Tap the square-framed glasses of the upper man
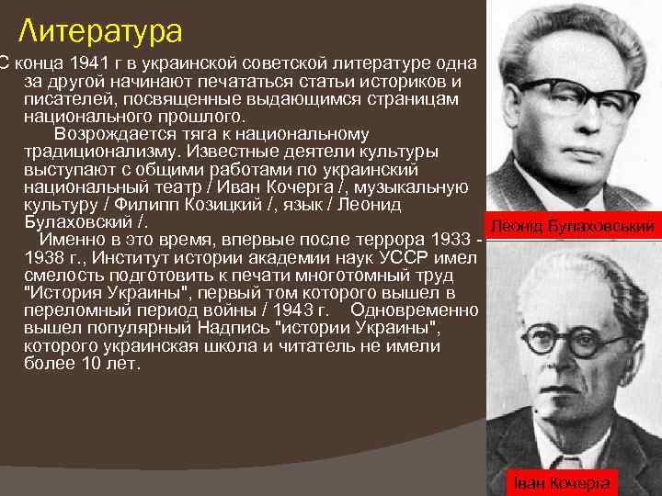tap(576, 98)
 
